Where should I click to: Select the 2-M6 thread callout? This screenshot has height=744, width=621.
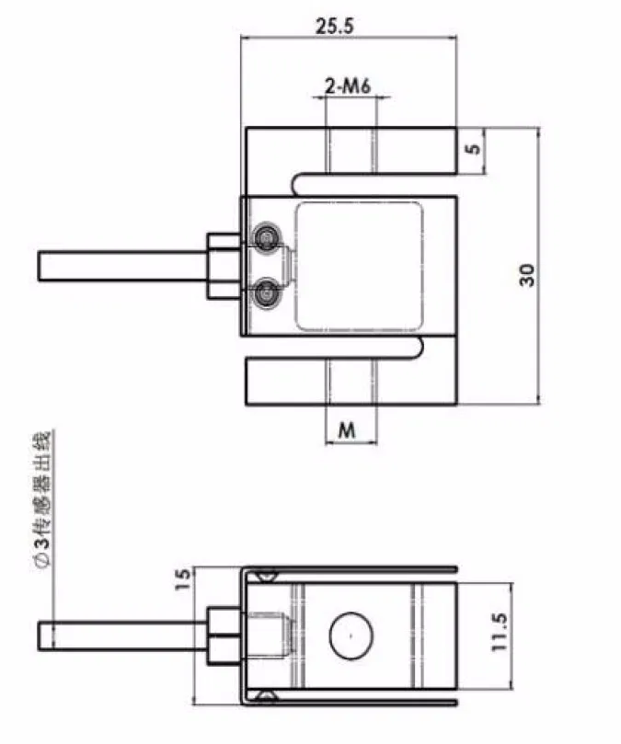click(348, 87)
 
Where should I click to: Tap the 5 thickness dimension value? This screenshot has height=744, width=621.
click(472, 151)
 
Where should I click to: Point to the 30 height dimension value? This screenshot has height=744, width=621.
click(526, 274)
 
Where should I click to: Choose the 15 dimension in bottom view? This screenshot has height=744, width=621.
click(181, 577)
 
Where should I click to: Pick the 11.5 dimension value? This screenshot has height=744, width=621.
click(498, 631)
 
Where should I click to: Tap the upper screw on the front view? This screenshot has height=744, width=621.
click(266, 237)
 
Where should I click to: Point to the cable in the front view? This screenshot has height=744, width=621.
click(120, 266)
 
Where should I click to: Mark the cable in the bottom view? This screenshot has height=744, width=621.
click(120, 635)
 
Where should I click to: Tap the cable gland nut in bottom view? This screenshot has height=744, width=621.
click(222, 635)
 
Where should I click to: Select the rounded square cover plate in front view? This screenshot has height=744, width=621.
click(358, 267)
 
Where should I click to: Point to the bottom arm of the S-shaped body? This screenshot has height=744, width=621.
click(350, 382)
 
